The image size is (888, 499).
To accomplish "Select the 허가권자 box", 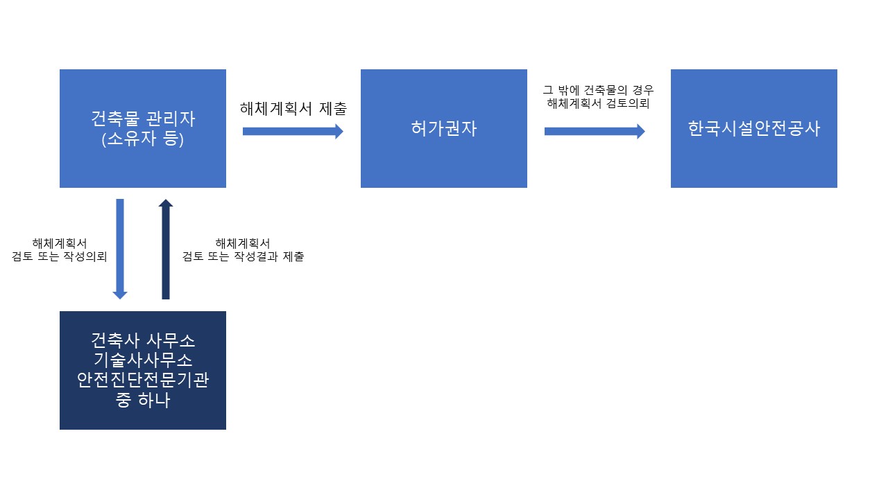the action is (443, 128).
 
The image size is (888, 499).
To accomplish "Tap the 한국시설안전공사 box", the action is (753, 128).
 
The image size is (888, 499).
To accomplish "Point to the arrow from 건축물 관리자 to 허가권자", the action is (292, 131).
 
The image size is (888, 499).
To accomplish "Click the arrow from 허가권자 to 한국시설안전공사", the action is (594, 131).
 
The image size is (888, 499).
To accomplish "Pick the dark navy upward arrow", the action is (165, 249).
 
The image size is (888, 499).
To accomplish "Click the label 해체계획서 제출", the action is (293, 108).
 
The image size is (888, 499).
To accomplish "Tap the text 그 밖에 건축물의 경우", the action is (598, 90).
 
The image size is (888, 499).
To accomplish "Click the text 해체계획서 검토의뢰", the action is (598, 104).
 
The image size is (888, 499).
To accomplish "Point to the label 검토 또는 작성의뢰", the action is (60, 256).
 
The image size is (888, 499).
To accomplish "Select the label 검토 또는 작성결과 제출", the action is (243, 256).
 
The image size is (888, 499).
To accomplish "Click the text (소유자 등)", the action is (143, 139).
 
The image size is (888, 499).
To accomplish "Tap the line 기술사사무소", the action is (143, 360).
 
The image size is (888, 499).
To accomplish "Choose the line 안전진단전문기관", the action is (143, 380).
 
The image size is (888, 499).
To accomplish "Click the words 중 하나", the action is (143, 401).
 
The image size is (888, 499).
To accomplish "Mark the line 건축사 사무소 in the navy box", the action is (143, 341).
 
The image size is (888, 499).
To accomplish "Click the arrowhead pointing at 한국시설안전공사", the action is (640, 131).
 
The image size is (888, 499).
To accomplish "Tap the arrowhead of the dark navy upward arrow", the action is (165, 203).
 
